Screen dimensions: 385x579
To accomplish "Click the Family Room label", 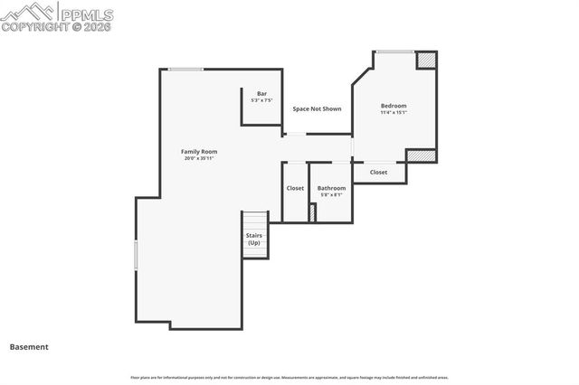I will click(x=199, y=152).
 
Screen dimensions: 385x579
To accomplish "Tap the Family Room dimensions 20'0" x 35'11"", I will click(x=199, y=159).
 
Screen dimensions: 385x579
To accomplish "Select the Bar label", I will click(x=261, y=94).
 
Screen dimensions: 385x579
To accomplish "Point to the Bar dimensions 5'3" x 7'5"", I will click(x=261, y=100).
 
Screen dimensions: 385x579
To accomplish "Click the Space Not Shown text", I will click(x=317, y=108).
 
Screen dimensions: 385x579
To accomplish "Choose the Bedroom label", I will click(x=394, y=106).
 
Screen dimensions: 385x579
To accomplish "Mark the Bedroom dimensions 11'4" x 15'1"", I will click(x=394, y=113).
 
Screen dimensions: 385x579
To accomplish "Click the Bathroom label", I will click(x=331, y=188).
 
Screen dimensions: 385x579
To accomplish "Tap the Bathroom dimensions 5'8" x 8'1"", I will click(x=331, y=195).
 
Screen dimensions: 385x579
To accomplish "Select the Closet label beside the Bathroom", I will click(x=295, y=188).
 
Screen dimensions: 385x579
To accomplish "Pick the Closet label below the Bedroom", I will click(x=378, y=172).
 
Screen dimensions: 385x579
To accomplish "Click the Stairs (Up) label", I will click(x=254, y=239).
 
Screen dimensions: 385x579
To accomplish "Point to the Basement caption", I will click(x=29, y=346).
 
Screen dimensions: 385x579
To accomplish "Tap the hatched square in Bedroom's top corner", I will click(x=426, y=61).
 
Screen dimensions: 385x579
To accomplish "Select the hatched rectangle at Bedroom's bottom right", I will click(x=421, y=155).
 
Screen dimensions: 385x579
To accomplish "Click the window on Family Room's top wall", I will click(x=185, y=70).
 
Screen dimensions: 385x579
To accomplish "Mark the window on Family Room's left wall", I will click(x=136, y=254).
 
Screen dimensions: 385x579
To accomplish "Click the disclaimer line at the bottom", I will click(x=289, y=377).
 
